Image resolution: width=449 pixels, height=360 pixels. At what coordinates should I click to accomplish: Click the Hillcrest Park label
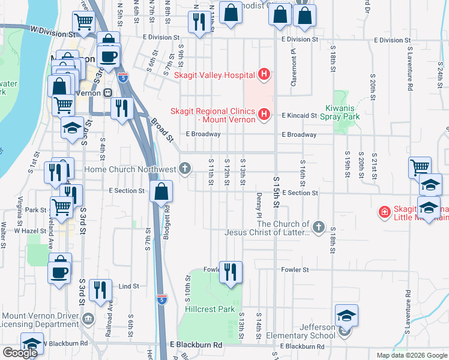[209, 310]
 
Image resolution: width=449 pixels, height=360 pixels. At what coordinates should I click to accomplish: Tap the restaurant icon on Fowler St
[230, 272]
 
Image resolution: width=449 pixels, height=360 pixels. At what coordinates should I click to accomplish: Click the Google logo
[20, 352]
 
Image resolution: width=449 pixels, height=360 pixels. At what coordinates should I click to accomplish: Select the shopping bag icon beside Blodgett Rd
[161, 193]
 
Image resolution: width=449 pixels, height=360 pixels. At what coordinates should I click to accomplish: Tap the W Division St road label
[51, 29]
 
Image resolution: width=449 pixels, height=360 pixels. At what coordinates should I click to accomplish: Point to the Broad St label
[161, 130]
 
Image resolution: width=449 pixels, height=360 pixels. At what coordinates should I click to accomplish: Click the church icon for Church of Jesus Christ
[318, 227]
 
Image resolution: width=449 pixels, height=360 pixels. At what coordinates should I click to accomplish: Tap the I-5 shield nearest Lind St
[161, 298]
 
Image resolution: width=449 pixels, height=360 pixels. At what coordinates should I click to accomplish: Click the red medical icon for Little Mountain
[384, 212]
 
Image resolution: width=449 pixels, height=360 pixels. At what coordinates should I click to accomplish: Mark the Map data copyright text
[411, 355]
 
